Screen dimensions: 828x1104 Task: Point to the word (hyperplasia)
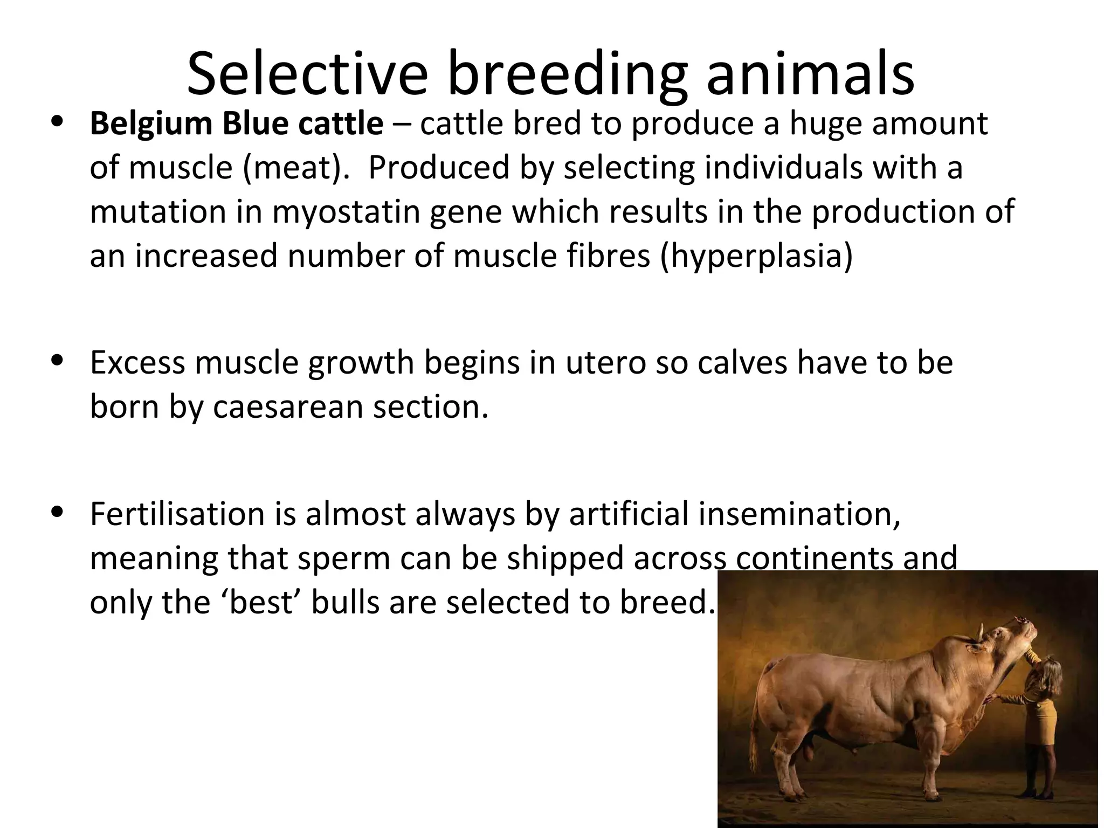[754, 256]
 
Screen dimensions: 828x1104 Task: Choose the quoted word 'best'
[261, 602]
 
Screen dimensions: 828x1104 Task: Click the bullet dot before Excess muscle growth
[57, 360]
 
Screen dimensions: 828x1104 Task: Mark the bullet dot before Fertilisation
[57, 511]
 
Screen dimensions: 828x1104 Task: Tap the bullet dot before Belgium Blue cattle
[57, 121]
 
